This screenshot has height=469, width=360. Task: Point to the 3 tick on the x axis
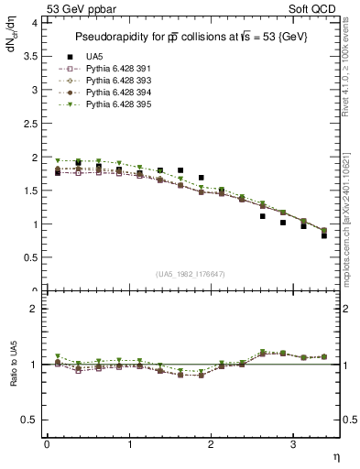pos(292,445)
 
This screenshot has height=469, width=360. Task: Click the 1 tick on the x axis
pos(128,445)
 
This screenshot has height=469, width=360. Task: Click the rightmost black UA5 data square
pos(324,235)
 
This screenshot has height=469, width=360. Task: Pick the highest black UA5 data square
pos(78,163)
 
